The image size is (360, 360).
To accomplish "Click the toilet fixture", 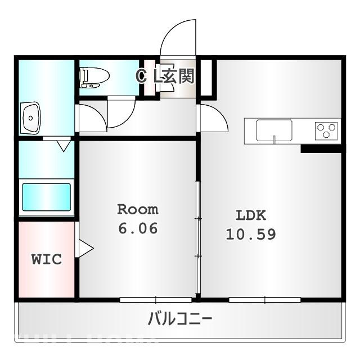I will [x=91, y=78].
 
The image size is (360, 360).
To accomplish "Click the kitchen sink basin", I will [x=274, y=130].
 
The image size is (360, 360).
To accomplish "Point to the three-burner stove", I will [x=327, y=131].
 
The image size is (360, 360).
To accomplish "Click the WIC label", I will [x=46, y=260].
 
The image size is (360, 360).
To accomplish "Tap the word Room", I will [x=138, y=210].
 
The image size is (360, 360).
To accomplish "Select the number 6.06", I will [x=138, y=229].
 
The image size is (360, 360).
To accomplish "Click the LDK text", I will [x=250, y=215].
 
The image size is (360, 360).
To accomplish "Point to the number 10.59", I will [x=251, y=234].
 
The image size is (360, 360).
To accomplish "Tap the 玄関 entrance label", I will [x=179, y=76].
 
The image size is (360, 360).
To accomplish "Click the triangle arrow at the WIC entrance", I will [x=85, y=249].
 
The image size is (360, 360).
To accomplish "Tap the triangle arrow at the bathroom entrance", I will [x=64, y=145].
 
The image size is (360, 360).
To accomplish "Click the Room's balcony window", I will [x=148, y=299].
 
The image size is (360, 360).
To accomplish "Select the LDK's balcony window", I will [x=256, y=299].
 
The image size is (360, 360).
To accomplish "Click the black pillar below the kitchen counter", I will [x=321, y=149].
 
